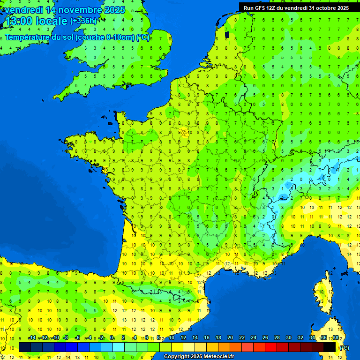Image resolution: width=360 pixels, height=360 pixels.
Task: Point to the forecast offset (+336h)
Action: (x=83, y=21)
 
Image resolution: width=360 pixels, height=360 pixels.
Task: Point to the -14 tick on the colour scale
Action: (x=32, y=338)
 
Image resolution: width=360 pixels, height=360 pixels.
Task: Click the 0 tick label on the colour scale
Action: (x=112, y=338)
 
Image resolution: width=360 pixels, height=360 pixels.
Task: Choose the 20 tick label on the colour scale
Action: (x=230, y=338)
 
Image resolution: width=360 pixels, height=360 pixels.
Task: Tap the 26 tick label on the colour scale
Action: (x=265, y=338)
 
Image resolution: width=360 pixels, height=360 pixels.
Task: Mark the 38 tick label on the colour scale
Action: (x=336, y=338)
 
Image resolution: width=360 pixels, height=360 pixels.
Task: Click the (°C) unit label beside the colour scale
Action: (x=344, y=348)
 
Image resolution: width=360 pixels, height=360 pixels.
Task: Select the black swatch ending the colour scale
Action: (x=330, y=347)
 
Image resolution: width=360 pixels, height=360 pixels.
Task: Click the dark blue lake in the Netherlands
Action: (x=227, y=34)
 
